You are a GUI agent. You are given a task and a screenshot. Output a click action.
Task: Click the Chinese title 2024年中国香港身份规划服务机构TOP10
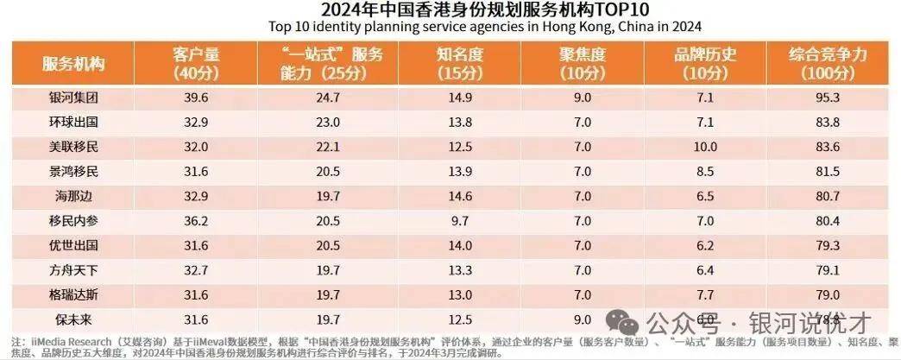pos(450,9)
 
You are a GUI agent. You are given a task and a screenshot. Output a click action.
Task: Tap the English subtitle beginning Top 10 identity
pos(450,26)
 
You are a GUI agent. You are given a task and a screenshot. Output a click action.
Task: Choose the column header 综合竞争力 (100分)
pos(827,65)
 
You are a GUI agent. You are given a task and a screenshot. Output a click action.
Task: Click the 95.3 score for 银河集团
pos(827,98)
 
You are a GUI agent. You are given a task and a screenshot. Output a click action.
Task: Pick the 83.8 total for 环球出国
pos(827,122)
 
